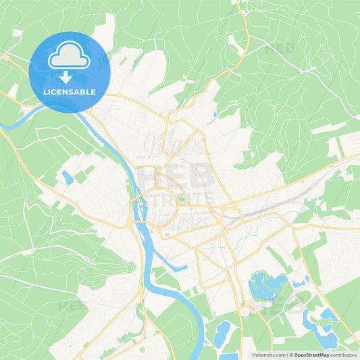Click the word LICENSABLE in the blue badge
(70, 92)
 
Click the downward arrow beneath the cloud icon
(70, 76)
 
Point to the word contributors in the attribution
(344, 354)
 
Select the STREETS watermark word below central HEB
(178, 199)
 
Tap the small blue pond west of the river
(67, 178)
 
